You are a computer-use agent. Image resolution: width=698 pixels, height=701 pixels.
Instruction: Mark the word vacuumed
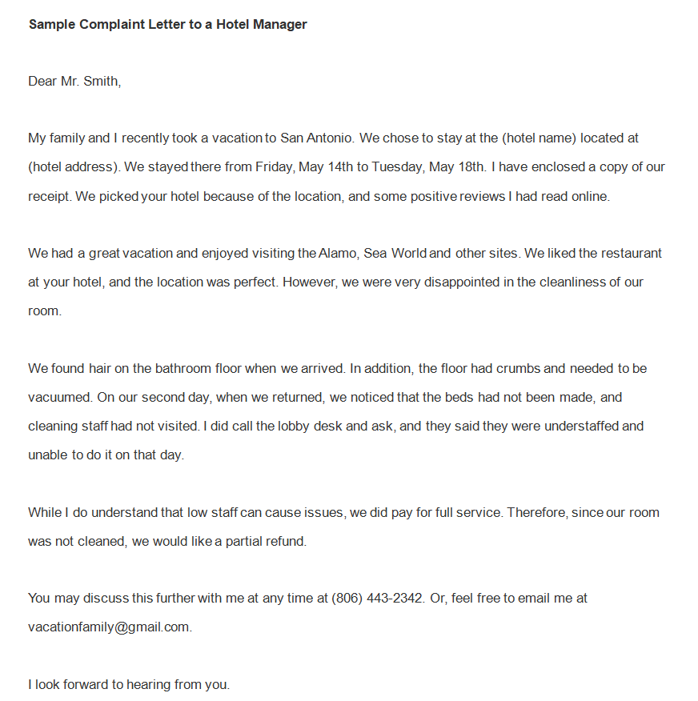[58, 397]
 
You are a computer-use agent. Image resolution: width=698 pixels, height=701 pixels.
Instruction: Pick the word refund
[286, 541]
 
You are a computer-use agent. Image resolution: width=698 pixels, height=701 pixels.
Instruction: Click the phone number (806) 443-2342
[377, 598]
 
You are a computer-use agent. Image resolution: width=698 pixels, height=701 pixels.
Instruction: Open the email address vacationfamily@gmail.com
[110, 627]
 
